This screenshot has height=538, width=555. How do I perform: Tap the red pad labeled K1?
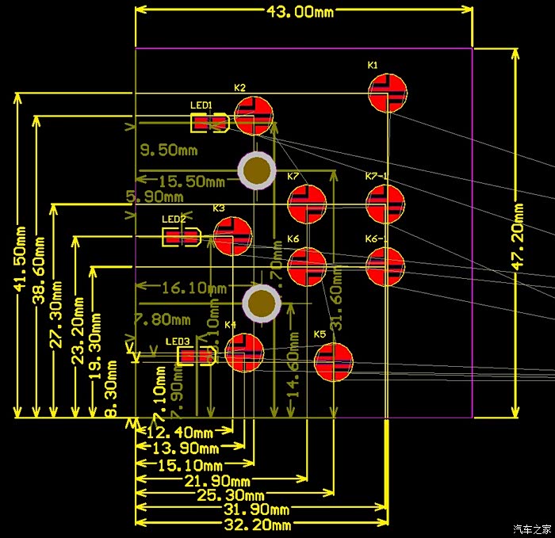pyautogui.click(x=388, y=93)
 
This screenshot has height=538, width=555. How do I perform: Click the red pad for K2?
pyautogui.click(x=254, y=116)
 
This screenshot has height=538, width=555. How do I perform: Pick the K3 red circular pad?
pyautogui.click(x=232, y=236)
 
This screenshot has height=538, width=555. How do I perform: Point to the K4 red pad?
pyautogui.click(x=244, y=353)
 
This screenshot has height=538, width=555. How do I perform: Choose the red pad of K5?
pyautogui.click(x=333, y=362)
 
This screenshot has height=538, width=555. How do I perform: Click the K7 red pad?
pyautogui.click(x=307, y=204)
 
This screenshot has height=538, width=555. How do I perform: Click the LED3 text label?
pyautogui.click(x=178, y=341)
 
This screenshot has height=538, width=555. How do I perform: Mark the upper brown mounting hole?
pyautogui.click(x=257, y=170)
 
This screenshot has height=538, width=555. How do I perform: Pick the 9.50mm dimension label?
pyautogui.click(x=169, y=150)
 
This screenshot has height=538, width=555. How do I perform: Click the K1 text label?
pyautogui.click(x=373, y=65)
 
